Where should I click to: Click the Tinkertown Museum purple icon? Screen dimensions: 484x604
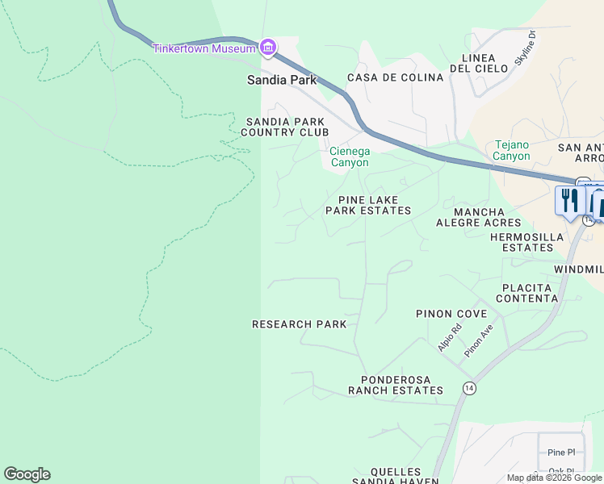pos(268,48)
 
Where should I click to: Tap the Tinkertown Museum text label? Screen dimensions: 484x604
pos(204,48)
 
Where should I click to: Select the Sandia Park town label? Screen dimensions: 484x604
pos(281,81)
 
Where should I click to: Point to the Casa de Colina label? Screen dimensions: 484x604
pos(395,77)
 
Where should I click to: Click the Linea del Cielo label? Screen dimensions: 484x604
pos(484,63)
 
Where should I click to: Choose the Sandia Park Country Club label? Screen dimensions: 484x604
pos(287,127)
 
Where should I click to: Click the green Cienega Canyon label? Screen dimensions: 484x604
pos(349,156)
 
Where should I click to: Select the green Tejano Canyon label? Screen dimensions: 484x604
pos(512,151)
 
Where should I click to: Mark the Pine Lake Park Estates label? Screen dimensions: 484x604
pos(367,205)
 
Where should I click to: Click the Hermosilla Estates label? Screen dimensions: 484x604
pos(527,242)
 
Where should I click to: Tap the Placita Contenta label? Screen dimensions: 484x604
pos(526,293)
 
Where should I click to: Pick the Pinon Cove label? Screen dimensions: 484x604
pos(451,314)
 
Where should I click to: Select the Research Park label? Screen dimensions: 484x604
pos(299,324)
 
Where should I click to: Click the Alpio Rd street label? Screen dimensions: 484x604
pos(449,337)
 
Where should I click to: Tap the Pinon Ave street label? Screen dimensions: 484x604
pos(478,342)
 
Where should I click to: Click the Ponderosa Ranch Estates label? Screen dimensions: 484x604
pos(395,385)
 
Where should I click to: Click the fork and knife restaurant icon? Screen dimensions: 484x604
pos(571,200)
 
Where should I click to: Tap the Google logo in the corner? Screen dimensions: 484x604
pos(27,474)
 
